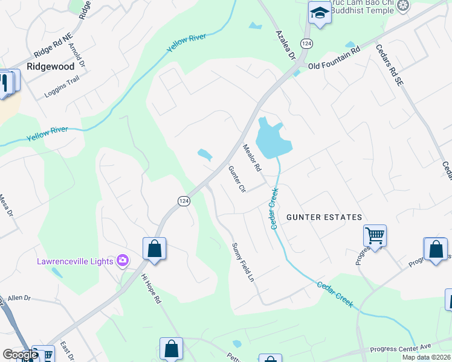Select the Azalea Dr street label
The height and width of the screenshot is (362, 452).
coord(283,45)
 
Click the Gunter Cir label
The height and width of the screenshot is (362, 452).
coord(236,180)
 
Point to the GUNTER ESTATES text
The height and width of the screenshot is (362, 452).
coord(324,217)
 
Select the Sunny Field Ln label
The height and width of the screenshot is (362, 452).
coord(242,264)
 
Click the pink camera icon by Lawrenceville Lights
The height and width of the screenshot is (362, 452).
coord(123,261)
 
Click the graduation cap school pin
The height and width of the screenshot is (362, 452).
coord(318,11)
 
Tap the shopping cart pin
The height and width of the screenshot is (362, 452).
coord(375,235)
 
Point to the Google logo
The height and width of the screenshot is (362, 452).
coord(20,355)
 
